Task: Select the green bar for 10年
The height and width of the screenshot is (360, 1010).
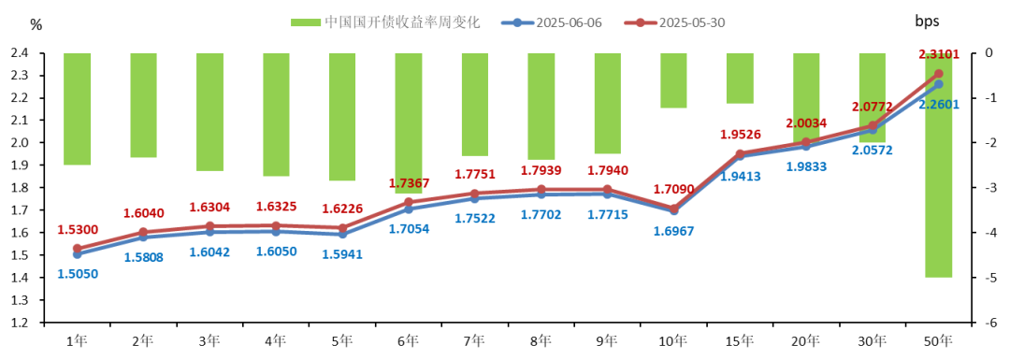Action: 673,80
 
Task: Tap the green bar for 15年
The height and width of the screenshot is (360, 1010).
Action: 740,79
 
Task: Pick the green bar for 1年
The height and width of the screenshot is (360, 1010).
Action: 77,108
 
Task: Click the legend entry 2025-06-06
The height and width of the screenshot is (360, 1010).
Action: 563,22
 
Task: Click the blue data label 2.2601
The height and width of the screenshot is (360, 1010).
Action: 938,104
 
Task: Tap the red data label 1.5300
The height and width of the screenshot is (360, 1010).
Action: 77,229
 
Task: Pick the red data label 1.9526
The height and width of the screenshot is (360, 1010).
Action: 740,134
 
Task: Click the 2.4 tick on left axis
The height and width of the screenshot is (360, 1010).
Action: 21,53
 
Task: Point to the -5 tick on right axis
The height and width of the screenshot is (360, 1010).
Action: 988,278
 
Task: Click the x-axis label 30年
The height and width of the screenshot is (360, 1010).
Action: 872,341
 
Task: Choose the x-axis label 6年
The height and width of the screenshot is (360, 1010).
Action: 409,341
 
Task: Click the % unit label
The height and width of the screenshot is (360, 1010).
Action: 36,24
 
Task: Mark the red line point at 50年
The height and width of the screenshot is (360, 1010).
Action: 938,74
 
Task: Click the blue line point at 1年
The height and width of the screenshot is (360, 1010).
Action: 77,254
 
